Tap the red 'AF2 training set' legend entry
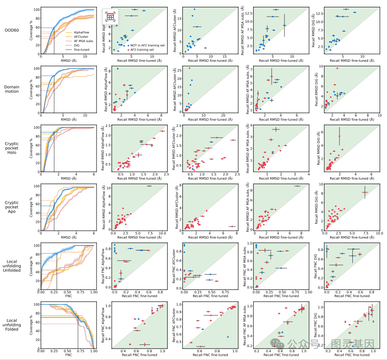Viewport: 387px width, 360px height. tap(132, 50)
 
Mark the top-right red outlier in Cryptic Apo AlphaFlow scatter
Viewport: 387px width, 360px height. tap(149, 186)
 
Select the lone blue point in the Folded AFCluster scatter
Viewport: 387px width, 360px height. tap(228, 337)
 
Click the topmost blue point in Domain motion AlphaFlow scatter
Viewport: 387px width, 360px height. tap(117, 69)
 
